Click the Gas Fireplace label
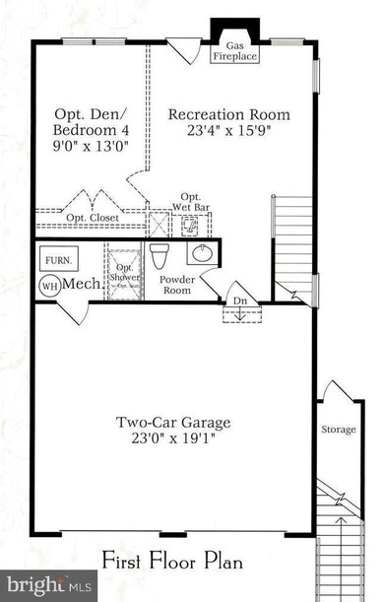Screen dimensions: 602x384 (235, 51)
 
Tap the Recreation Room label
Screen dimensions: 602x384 (218, 114)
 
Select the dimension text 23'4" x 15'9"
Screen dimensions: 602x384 (218, 131)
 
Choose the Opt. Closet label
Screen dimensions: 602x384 (91, 217)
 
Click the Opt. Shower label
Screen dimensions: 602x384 (125, 271)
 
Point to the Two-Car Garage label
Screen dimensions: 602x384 (173, 423)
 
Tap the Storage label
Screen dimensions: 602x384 (338, 431)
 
